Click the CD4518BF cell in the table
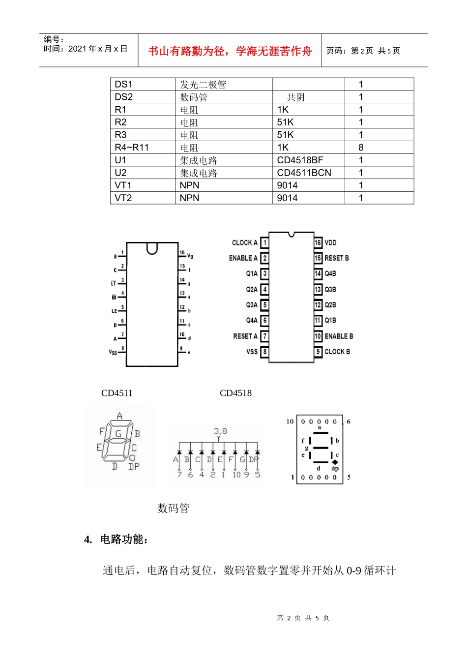coord(300,160)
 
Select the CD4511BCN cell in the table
coord(304,173)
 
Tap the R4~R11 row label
coord(132,148)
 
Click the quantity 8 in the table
coord(361,148)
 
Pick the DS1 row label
coord(123,85)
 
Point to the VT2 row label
coord(123,198)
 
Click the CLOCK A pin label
coord(244,242)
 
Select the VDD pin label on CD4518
coord(330,242)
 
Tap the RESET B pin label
coord(336,258)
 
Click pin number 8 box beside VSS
coord(264,352)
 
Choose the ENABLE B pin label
coord(339,336)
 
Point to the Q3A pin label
coord(252,305)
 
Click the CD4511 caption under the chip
coord(117,393)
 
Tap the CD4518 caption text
coord(235,393)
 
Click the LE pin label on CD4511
coord(114,311)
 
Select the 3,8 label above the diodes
coord(220,431)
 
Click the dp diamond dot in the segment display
coord(335,462)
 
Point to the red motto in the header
coord(230,51)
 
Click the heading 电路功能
coord(124,540)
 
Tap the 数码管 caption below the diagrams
coord(173,509)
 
